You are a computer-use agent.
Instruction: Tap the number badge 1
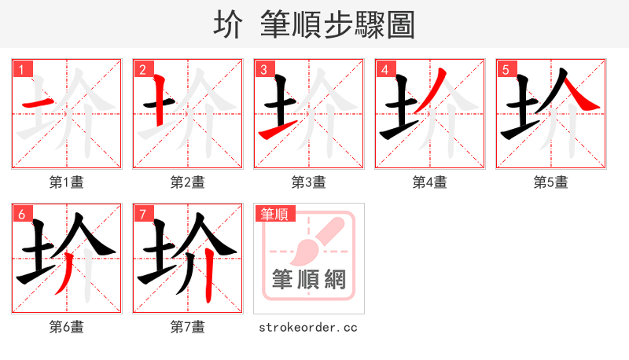(x=21, y=70)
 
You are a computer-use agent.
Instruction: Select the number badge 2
(x=142, y=70)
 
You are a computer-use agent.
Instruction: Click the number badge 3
(x=263, y=70)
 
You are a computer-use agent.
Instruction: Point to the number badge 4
(x=384, y=70)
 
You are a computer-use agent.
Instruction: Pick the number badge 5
(x=506, y=70)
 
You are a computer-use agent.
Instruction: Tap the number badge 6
(x=21, y=215)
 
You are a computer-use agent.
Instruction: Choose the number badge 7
(x=142, y=215)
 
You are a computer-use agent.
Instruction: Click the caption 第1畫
(x=67, y=182)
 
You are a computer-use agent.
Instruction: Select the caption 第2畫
(x=188, y=182)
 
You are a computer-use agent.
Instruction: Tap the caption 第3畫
(x=309, y=182)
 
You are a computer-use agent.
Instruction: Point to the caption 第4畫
(x=430, y=182)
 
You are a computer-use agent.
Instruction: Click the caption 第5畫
(x=551, y=182)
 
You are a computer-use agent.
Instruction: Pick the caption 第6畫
(x=67, y=327)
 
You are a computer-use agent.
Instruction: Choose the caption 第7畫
(x=188, y=327)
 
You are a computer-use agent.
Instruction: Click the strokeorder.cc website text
(x=308, y=327)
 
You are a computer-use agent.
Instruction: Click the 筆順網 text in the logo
(x=309, y=279)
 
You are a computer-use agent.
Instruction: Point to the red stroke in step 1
(x=37, y=103)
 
